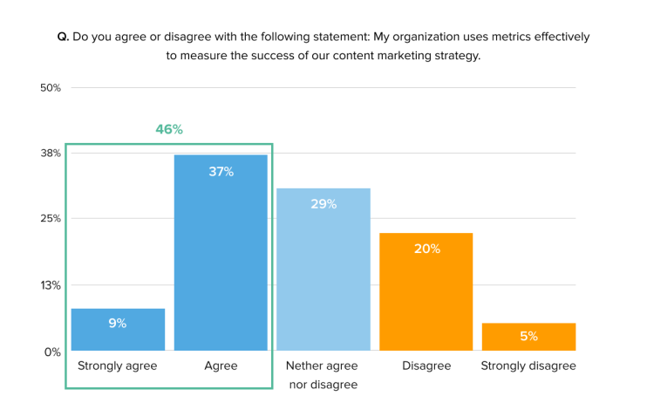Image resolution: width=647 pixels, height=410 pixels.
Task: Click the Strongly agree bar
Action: point(118,330)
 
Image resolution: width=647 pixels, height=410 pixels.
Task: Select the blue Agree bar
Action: point(221,253)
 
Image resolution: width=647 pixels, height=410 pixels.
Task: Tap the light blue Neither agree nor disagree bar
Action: point(323,270)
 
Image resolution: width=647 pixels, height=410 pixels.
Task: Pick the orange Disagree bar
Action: point(426,292)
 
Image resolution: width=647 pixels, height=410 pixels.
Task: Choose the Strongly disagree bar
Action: point(528,337)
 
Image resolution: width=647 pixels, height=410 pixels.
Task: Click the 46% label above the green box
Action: point(169,129)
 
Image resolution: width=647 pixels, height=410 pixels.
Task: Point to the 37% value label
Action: point(221,172)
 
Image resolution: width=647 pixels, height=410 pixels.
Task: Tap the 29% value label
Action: point(323,204)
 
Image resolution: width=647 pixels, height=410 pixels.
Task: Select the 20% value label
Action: point(426,249)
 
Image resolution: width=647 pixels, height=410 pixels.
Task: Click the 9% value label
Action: point(118,323)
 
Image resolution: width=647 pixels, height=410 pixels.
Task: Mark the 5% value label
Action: point(528,336)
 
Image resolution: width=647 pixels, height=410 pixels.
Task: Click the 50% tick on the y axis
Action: point(50,88)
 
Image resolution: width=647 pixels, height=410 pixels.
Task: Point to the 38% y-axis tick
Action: point(50,154)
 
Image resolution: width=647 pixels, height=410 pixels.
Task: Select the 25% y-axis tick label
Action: point(50,219)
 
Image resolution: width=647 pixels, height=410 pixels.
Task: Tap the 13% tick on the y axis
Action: point(50,285)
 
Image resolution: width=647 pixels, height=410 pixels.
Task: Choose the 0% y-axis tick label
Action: point(52,352)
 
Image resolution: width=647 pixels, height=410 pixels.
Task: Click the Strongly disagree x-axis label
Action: point(528,366)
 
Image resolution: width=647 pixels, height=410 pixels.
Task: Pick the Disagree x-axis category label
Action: point(426,366)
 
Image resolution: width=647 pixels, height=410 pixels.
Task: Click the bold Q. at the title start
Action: point(63,37)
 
